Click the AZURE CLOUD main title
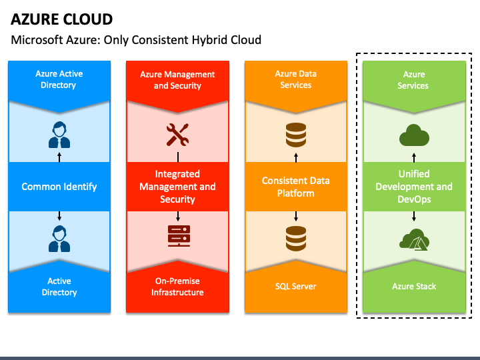pyautogui.click(x=61, y=19)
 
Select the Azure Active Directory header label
pyautogui.click(x=59, y=79)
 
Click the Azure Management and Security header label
pyautogui.click(x=177, y=80)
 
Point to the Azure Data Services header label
pyautogui.click(x=296, y=79)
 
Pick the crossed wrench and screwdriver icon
pyautogui.click(x=177, y=135)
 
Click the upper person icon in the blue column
pyautogui.click(x=59, y=135)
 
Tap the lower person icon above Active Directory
pyautogui.click(x=59, y=239)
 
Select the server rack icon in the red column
pyautogui.click(x=179, y=236)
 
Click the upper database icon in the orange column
pyautogui.click(x=296, y=135)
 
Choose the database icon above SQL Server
pyautogui.click(x=296, y=239)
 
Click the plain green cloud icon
pyautogui.click(x=414, y=135)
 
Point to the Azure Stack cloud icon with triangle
pyautogui.click(x=414, y=240)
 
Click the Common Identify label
pyautogui.click(x=59, y=187)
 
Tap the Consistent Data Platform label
pyautogui.click(x=296, y=187)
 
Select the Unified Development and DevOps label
pyautogui.click(x=414, y=187)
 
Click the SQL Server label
pyautogui.click(x=296, y=287)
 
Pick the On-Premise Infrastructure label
pyautogui.click(x=177, y=287)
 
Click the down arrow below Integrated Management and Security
pyautogui.click(x=178, y=216)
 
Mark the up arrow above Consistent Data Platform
pyautogui.click(x=296, y=157)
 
